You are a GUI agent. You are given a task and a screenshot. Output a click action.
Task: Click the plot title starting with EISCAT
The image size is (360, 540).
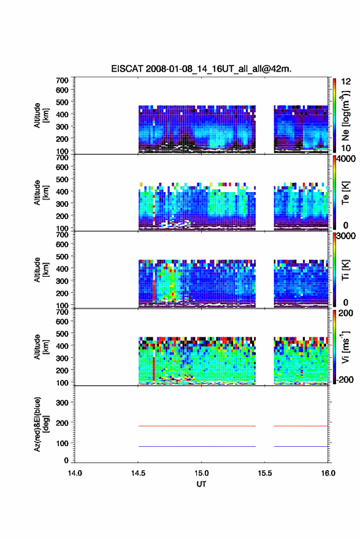point(201,69)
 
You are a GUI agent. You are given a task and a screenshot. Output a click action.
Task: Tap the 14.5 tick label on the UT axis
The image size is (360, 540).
point(138,473)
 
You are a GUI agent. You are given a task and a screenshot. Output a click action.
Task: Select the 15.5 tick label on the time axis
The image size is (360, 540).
point(265,473)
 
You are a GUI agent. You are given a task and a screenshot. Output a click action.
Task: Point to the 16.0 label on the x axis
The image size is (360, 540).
point(328,473)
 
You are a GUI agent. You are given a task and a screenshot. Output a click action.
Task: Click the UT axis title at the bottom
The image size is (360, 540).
point(201,484)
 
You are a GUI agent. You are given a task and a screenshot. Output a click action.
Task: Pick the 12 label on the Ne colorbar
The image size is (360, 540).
point(346,82)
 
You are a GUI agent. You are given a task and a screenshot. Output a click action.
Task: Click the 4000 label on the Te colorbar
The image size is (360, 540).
point(347,159)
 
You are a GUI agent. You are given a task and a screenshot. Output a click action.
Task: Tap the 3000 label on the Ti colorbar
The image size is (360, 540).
point(347,236)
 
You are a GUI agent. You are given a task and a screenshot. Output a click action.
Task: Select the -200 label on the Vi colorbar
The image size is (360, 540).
point(345,379)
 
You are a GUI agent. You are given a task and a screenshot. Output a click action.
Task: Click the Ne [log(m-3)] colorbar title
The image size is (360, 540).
point(345,116)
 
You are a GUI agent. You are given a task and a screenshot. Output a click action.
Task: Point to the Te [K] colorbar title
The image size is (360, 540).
point(345,193)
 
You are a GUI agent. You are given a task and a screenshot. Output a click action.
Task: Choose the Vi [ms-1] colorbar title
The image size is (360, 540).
point(345,347)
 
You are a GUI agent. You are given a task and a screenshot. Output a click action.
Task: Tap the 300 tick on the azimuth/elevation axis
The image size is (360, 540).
point(62,403)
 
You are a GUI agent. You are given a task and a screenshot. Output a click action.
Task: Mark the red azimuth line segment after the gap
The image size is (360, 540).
point(301,426)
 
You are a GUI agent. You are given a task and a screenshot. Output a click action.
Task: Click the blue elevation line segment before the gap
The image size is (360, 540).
point(197,446)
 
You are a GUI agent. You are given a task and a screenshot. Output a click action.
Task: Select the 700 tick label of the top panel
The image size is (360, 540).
point(62,80)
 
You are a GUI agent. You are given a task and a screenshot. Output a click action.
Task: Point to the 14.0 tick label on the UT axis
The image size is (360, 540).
point(75,473)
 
